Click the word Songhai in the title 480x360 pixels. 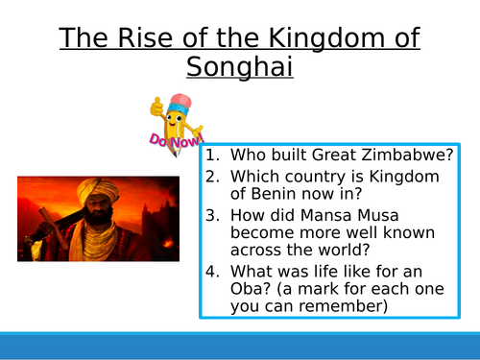(x=239, y=69)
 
